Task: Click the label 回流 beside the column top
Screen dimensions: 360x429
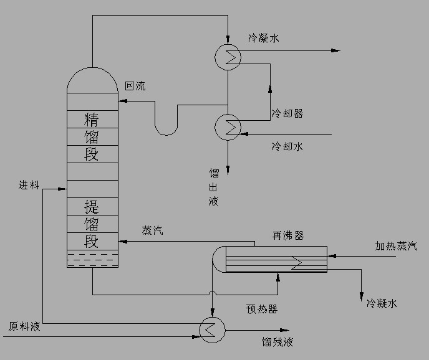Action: click(135, 87)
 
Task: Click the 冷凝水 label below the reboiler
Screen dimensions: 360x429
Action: click(382, 303)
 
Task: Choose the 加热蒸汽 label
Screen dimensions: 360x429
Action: click(396, 246)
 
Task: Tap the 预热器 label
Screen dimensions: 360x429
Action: click(262, 309)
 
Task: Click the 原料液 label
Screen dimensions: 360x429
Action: click(24, 326)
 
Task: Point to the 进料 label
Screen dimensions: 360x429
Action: click(29, 186)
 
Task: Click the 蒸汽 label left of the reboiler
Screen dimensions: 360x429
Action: click(153, 230)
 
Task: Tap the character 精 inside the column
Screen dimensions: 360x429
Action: click(92, 118)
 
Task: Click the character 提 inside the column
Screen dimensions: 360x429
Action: click(92, 206)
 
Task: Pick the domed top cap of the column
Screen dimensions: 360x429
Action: click(92, 79)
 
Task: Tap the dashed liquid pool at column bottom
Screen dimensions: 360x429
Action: click(92, 259)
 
